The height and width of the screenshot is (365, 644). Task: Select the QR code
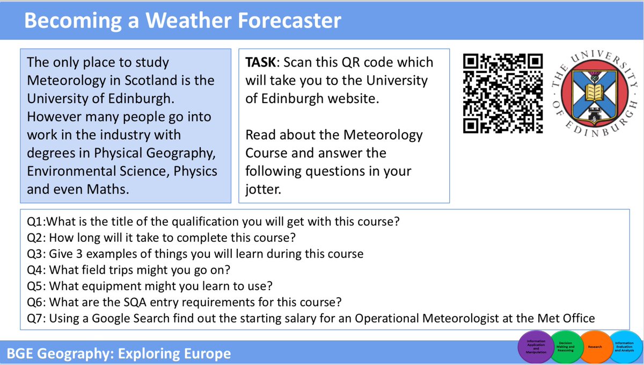click(503, 92)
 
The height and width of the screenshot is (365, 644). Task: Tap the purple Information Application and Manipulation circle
click(536, 347)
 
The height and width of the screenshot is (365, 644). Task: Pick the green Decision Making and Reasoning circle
click(565, 347)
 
